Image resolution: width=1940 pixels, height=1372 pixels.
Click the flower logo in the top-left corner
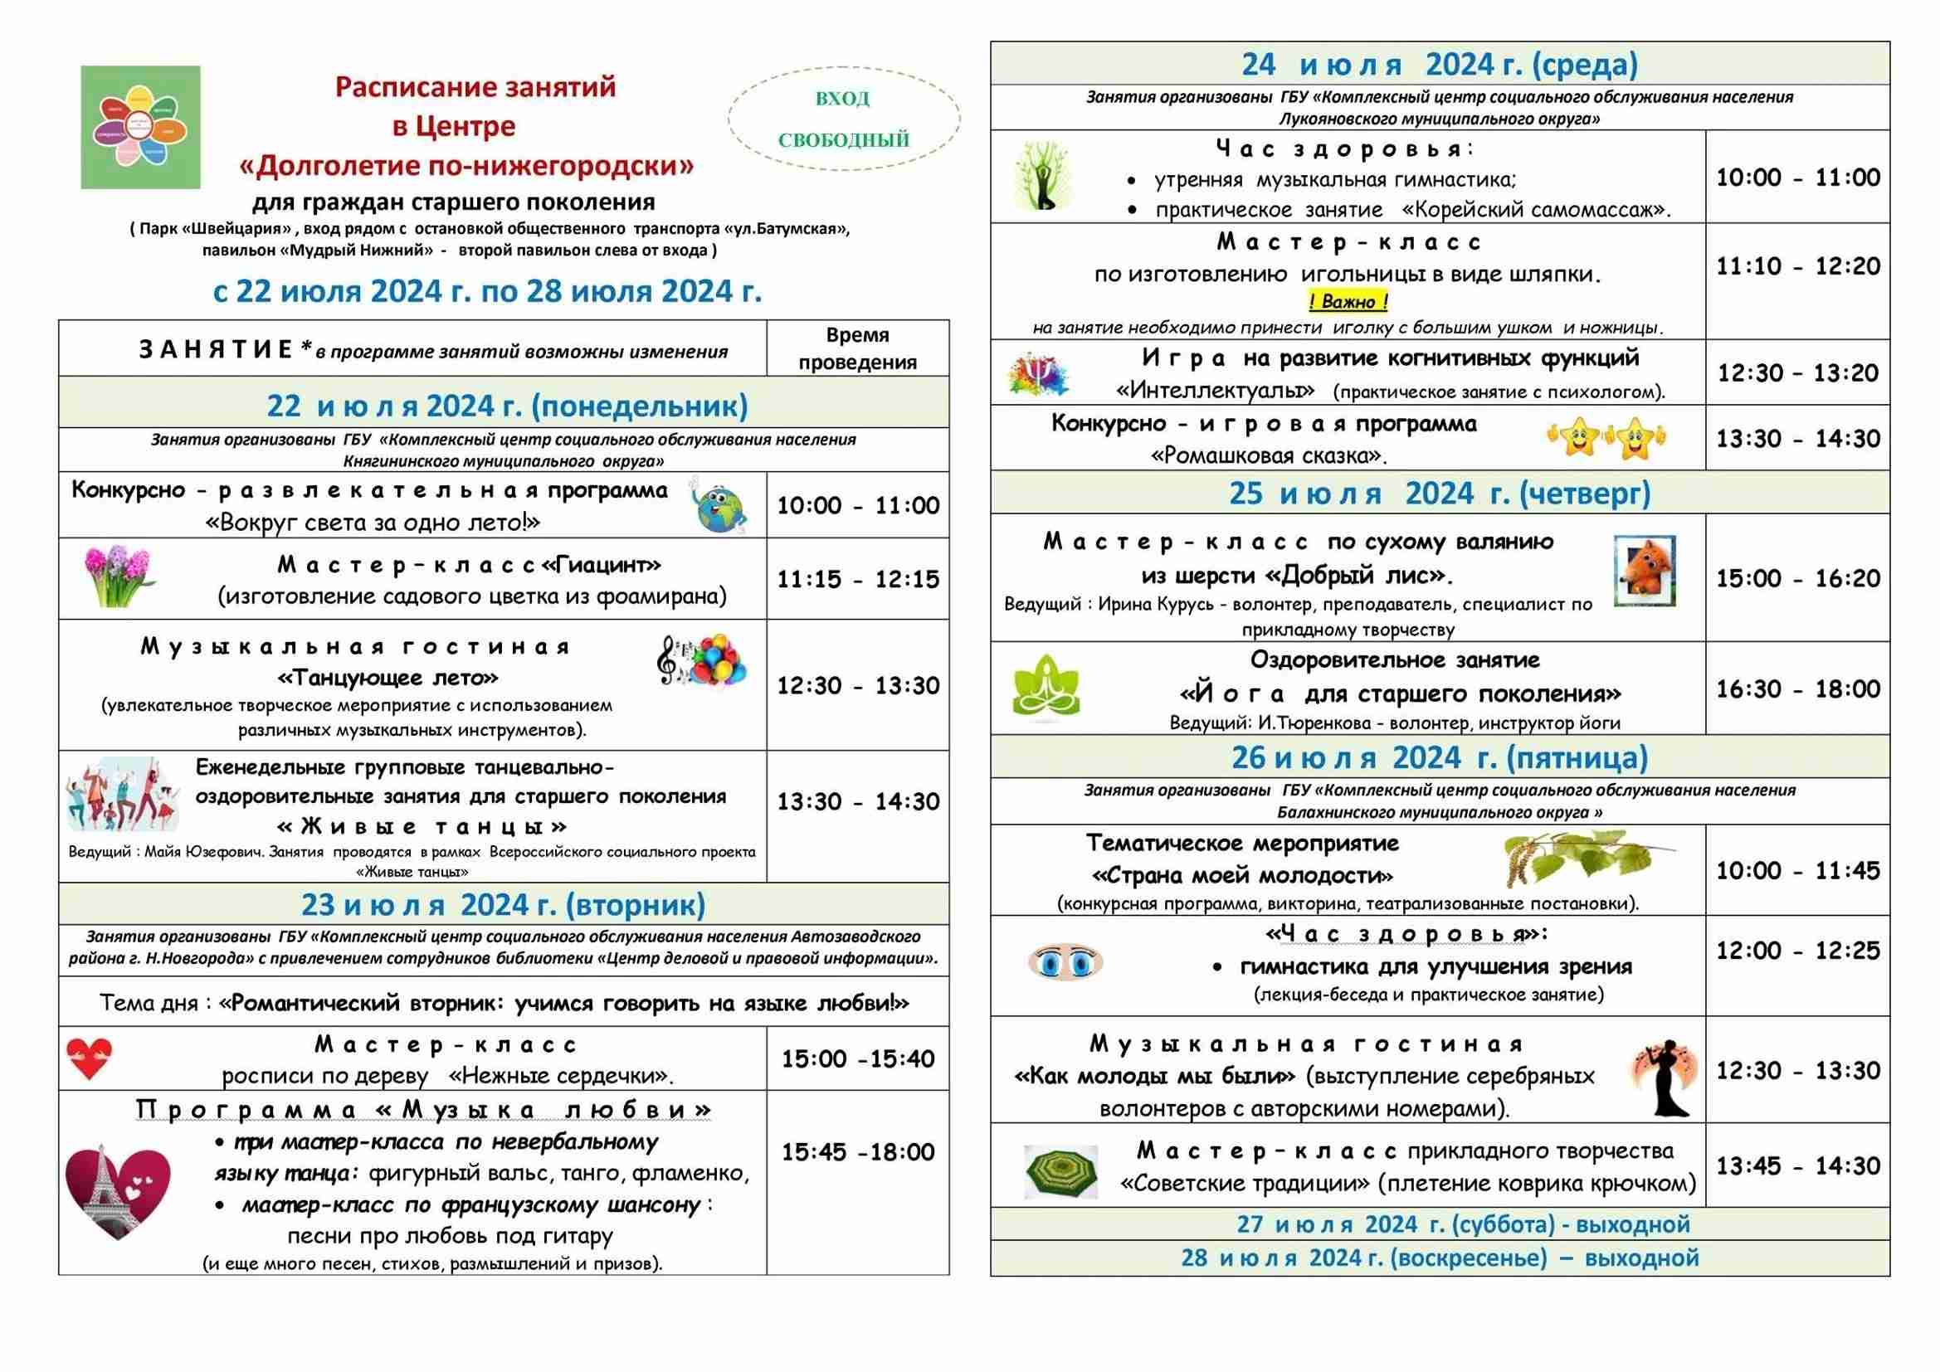140,128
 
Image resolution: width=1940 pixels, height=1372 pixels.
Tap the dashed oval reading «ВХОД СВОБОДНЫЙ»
843,119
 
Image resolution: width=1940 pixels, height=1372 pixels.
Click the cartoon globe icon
720,505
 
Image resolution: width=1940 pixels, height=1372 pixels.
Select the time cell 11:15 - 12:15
858,580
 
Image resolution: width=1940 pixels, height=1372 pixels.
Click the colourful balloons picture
703,659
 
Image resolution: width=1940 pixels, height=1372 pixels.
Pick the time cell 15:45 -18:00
858,1152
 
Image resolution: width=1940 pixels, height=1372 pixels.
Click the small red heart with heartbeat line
90,1058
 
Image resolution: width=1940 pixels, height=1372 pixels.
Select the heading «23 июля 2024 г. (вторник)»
503,905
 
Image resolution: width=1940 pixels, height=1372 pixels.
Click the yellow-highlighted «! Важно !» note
1348,302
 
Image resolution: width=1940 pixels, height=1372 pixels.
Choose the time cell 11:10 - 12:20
1798,267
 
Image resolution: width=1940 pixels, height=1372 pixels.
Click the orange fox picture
1645,570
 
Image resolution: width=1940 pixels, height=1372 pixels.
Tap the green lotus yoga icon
1046,688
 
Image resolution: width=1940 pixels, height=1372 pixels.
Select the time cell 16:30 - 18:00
1798,689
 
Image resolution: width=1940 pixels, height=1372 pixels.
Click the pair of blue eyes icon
1065,962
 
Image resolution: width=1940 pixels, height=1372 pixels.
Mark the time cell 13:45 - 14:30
1798,1167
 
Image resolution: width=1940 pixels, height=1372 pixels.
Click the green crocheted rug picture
1060,1171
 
